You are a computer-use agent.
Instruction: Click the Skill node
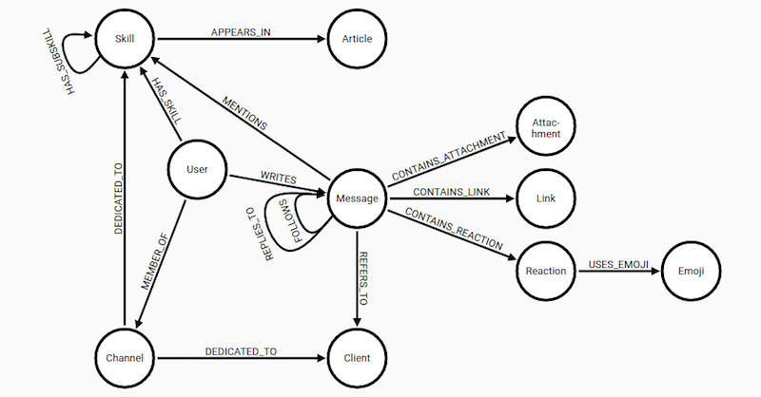point(125,39)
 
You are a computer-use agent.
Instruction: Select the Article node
point(358,39)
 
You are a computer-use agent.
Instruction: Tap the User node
point(197,169)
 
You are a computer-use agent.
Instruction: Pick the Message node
point(358,198)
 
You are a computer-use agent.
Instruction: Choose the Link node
point(546,198)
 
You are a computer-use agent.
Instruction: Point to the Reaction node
point(546,271)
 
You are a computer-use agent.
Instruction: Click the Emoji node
point(692,271)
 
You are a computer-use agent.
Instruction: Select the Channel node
point(125,358)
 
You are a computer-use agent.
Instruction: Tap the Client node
point(358,358)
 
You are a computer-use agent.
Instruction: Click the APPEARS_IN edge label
point(241,32)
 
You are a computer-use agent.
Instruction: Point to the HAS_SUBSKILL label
point(58,62)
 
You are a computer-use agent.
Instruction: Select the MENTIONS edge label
point(244,113)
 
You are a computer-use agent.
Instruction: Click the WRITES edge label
point(279,178)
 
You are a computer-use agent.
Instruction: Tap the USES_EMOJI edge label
point(619,265)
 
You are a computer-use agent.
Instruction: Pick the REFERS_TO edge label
point(363,278)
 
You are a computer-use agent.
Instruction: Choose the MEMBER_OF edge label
point(154,262)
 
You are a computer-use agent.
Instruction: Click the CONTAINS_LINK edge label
point(452,192)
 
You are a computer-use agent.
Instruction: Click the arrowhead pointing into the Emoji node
point(655,271)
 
